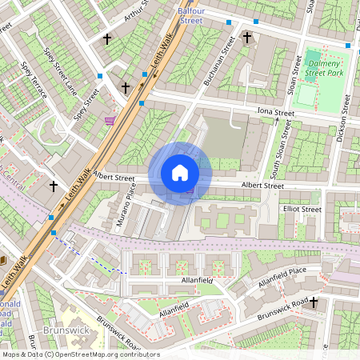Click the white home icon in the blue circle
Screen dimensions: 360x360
[x=180, y=173]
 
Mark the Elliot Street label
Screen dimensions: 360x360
[x=301, y=210]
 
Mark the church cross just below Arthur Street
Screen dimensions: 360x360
[x=106, y=38]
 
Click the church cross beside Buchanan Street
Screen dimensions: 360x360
[x=247, y=37]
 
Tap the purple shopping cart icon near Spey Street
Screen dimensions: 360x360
[x=109, y=120]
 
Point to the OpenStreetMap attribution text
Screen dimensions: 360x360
[x=80, y=354]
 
